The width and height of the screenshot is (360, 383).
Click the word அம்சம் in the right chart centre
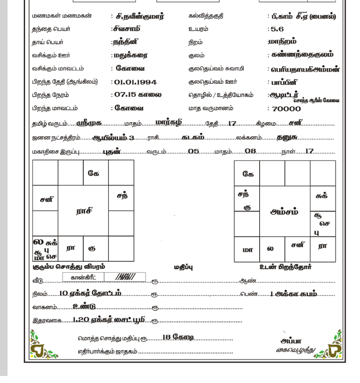(285, 210)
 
